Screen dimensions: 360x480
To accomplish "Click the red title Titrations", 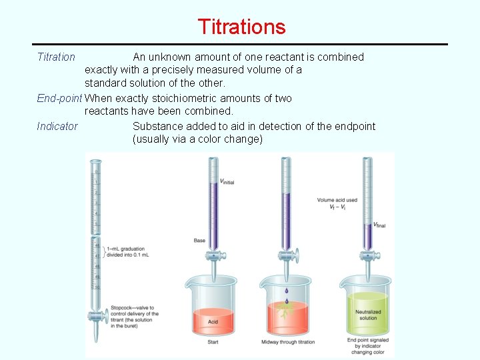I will (x=241, y=27).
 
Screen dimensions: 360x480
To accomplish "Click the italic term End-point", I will (x=59, y=98).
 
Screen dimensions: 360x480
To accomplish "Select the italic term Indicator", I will (x=57, y=126).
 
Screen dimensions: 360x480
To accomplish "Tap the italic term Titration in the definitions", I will (x=56, y=57).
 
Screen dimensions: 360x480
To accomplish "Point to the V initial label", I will (x=227, y=181).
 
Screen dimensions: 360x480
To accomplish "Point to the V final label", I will (x=379, y=225).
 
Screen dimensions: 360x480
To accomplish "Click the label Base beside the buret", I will (x=199, y=241).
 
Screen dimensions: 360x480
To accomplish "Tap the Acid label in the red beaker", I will (x=213, y=321).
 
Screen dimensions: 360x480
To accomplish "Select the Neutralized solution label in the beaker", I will (x=368, y=315).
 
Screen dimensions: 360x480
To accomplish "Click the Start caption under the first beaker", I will (x=213, y=342).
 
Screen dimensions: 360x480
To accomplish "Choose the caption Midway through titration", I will (x=288, y=342).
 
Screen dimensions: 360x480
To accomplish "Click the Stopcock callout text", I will (x=135, y=314).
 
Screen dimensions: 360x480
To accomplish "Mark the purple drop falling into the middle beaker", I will (x=287, y=292).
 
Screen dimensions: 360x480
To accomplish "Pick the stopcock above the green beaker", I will (x=366, y=254).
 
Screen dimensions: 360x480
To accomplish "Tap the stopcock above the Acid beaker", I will (x=213, y=255).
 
